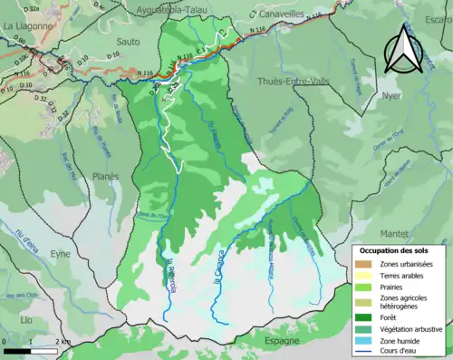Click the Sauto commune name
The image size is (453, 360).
[x=128, y=42]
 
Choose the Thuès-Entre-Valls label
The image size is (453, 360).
[x=289, y=80]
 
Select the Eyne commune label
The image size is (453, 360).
[x=61, y=255]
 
